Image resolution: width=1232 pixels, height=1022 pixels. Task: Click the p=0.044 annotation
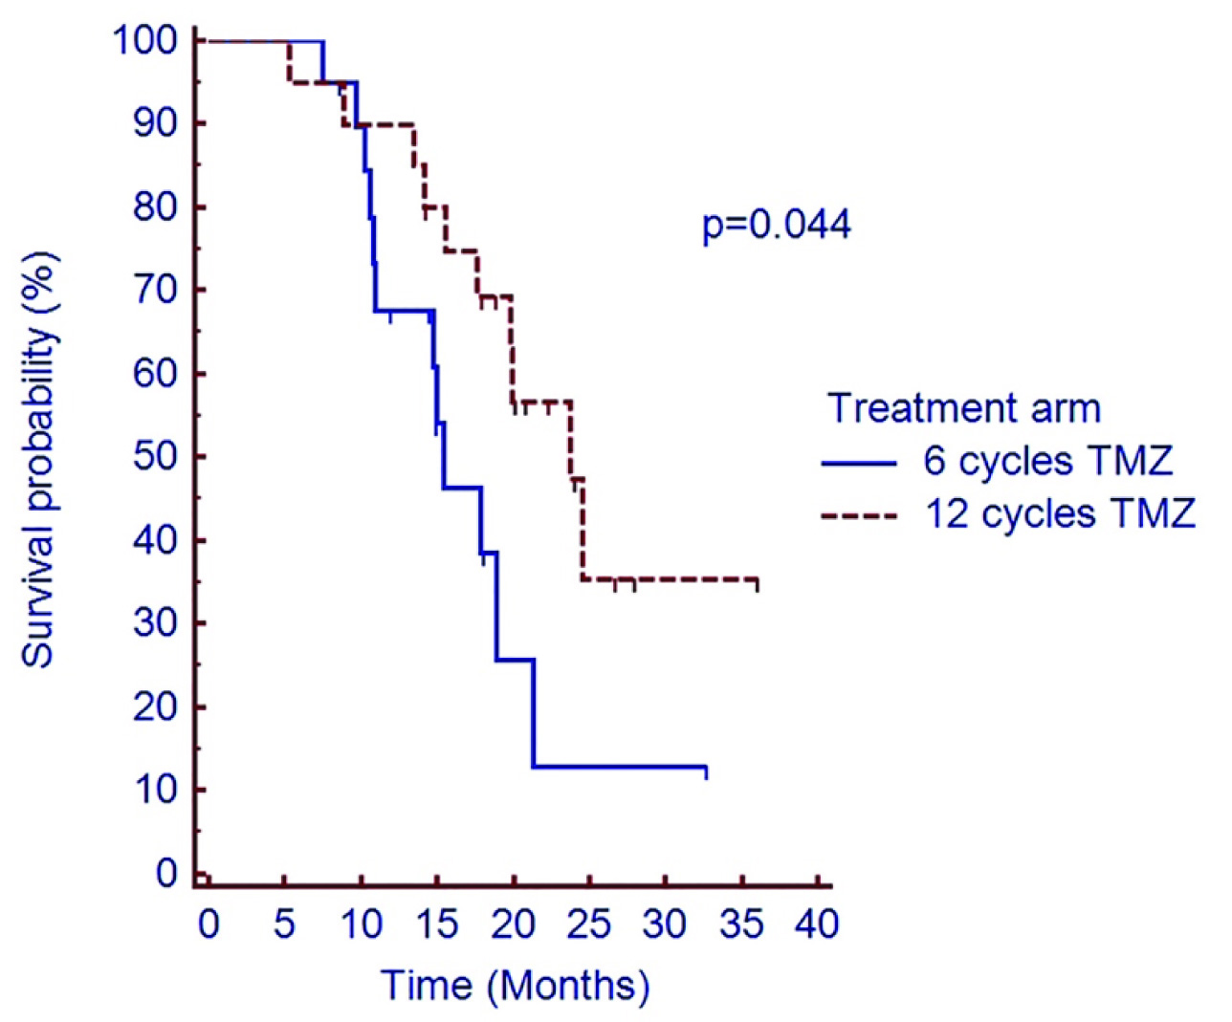point(776,226)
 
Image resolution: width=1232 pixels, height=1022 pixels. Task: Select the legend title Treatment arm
point(964,408)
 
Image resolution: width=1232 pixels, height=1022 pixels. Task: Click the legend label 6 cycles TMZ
point(1047,462)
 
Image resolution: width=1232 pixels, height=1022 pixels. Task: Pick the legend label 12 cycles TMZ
point(1060,514)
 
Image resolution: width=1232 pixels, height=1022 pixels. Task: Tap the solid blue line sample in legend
point(858,463)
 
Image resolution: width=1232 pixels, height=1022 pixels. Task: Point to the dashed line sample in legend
point(858,515)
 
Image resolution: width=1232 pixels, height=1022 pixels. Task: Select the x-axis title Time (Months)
point(515,986)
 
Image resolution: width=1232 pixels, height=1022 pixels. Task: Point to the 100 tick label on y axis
point(144,41)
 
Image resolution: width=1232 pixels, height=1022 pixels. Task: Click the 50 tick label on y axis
point(155,457)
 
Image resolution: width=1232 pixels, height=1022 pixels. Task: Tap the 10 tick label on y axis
point(155,791)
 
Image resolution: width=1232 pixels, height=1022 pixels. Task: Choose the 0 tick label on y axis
point(166,873)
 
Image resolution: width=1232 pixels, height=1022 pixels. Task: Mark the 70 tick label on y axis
point(155,290)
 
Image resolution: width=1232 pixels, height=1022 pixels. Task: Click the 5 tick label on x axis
point(284,924)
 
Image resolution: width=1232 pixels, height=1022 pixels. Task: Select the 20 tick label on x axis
point(514,924)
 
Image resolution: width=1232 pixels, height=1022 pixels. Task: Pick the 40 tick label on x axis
point(819,924)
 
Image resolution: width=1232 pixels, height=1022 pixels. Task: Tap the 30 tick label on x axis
point(666,924)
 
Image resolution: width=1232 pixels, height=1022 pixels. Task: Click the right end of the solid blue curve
point(706,768)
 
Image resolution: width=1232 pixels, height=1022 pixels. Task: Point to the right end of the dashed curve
point(758,580)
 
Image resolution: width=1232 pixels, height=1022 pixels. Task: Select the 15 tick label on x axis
point(437,924)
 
